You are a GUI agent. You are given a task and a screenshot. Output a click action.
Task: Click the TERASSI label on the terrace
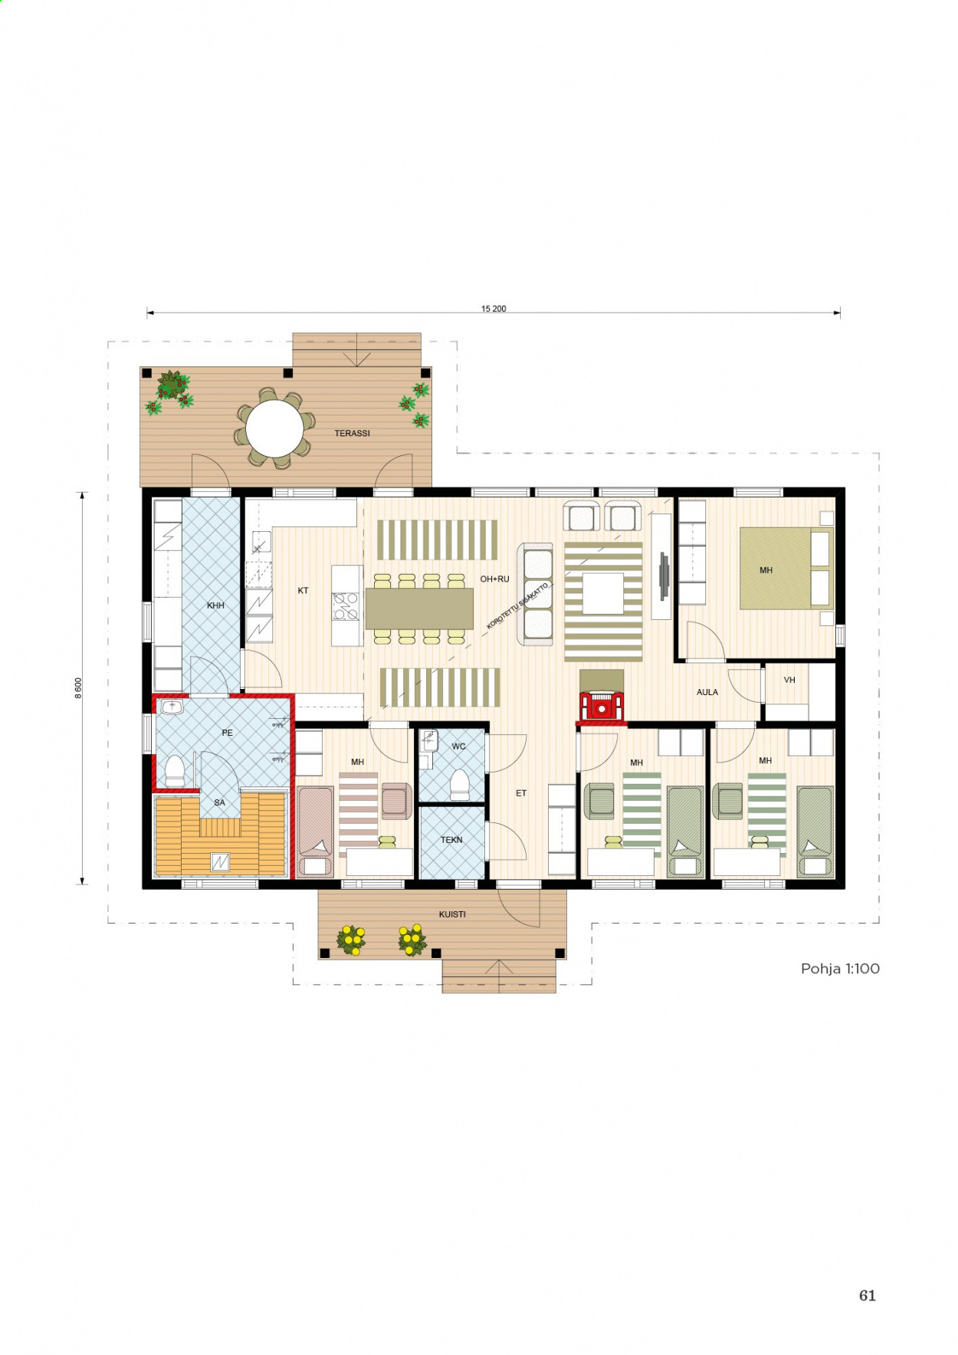pos(352,433)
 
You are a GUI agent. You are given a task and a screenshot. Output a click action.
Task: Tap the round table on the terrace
pos(274,428)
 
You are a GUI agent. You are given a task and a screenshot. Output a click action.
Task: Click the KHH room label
pos(215,605)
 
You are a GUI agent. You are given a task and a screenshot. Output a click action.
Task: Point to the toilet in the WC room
pos(459,785)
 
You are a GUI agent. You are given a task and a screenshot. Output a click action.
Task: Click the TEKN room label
pos(451,840)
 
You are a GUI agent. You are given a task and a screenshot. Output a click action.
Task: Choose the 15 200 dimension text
pos(494,309)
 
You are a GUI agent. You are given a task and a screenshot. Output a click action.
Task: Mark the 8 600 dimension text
pos(78,687)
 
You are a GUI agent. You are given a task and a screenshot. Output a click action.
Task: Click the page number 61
pos(867,1295)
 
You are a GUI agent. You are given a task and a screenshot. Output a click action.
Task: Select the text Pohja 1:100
pos(840,969)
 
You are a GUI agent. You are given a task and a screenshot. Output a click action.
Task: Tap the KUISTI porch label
pos(452,914)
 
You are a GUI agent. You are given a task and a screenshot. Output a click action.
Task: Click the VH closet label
pos(789,680)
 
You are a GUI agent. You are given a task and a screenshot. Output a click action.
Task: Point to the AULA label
pos(707,692)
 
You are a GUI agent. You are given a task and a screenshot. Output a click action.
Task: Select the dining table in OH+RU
pos(419,609)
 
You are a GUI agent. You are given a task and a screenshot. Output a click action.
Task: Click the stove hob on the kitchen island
pos(346,606)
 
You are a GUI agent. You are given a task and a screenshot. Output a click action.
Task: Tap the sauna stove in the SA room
pos(220,862)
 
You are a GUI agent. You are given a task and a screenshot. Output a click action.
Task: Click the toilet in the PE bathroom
pos(175,770)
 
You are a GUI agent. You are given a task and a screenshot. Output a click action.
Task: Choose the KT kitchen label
pos(303,590)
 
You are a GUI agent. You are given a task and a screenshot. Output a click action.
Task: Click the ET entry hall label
pos(521,793)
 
